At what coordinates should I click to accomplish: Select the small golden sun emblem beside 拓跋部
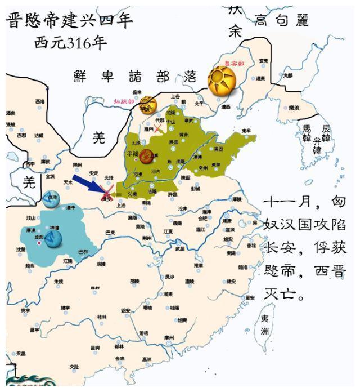tap(148, 104)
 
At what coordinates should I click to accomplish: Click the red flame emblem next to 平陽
tap(146, 156)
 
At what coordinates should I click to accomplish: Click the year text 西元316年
tap(71, 43)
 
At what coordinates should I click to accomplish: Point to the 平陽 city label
tap(133, 152)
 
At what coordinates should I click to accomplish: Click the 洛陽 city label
tap(152, 191)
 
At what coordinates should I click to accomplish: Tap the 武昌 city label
tap(179, 248)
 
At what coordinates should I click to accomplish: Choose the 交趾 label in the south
tap(74, 366)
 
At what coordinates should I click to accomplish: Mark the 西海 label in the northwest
tap(39, 101)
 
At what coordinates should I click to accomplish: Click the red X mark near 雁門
tap(159, 129)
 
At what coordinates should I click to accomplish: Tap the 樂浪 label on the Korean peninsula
tap(294, 108)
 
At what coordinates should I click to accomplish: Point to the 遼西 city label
tap(226, 106)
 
